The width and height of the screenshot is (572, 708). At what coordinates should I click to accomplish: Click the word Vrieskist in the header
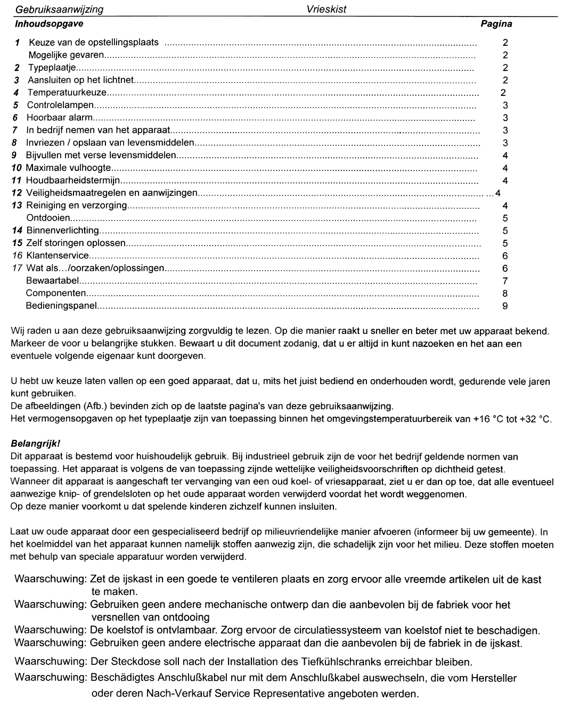(x=326, y=10)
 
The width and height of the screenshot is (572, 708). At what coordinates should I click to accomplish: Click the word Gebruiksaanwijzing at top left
(x=60, y=10)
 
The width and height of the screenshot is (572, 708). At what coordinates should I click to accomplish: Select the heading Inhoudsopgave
(x=49, y=23)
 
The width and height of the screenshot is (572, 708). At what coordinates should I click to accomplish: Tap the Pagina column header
(x=496, y=23)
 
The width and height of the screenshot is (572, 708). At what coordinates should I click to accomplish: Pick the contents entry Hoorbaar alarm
(x=60, y=117)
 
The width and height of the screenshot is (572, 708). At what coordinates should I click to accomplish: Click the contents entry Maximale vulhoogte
(x=68, y=168)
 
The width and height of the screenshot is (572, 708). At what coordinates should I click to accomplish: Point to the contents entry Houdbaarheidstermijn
(x=73, y=181)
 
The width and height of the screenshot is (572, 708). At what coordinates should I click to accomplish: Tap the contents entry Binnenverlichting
(x=62, y=231)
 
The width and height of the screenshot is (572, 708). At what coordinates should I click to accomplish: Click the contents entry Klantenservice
(x=58, y=256)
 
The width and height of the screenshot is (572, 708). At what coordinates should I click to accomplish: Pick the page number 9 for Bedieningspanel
(x=505, y=306)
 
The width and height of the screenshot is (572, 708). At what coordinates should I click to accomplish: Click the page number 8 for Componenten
(x=505, y=293)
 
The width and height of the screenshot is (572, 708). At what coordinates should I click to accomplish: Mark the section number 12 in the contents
(x=17, y=193)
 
